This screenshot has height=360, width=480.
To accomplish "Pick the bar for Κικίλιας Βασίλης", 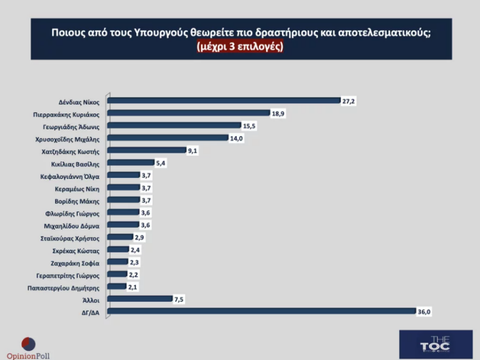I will click(x=130, y=163).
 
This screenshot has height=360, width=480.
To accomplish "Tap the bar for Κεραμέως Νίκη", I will click(x=123, y=188).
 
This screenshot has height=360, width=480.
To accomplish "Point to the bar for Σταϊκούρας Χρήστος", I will click(x=120, y=237).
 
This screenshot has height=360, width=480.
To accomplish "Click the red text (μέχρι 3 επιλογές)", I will click(x=241, y=46).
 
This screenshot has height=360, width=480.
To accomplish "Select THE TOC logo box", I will click(x=435, y=343).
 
